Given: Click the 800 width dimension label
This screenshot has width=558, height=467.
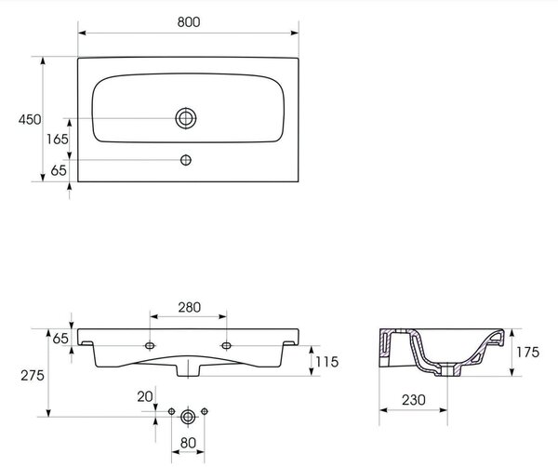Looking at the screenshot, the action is pyautogui.click(x=189, y=22).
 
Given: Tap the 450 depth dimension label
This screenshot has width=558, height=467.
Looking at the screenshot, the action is pyautogui.click(x=30, y=120).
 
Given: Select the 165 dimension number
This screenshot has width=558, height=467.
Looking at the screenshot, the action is pyautogui.click(x=58, y=139).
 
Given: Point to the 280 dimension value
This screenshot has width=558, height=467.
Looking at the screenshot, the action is pyautogui.click(x=190, y=307).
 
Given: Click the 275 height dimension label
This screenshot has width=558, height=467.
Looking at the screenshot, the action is pyautogui.click(x=33, y=375).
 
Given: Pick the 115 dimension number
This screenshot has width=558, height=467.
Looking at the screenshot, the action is pyautogui.click(x=326, y=362).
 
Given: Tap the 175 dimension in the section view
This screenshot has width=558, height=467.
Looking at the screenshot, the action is pyautogui.click(x=527, y=352).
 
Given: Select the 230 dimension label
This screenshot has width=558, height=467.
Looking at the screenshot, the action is pyautogui.click(x=414, y=400).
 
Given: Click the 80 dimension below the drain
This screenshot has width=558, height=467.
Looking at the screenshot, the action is pyautogui.click(x=188, y=443).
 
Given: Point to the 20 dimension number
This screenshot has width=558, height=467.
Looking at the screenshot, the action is pyautogui.click(x=145, y=396).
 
